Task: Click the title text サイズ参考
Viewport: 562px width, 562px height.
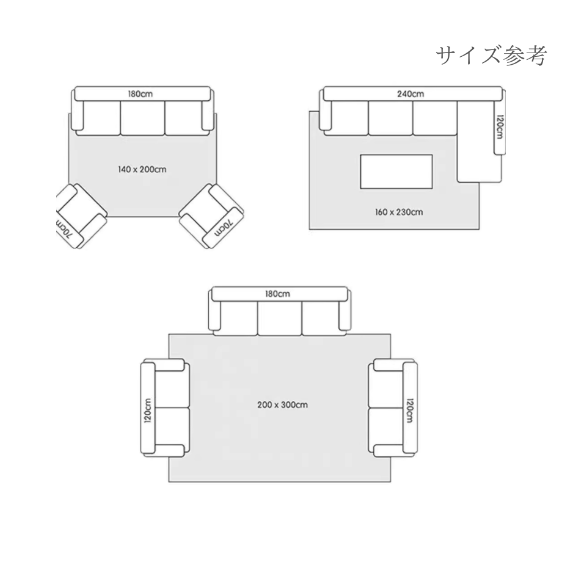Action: [x=489, y=56]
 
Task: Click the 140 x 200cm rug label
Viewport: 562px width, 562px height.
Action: [x=142, y=169]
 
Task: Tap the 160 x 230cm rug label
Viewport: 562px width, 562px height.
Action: [x=398, y=213]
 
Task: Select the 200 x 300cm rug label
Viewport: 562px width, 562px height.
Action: [x=282, y=404]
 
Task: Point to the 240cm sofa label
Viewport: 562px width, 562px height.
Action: [x=411, y=94]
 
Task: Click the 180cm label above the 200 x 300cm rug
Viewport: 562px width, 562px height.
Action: [x=277, y=293]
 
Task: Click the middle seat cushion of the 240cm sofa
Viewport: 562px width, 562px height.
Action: [x=390, y=118]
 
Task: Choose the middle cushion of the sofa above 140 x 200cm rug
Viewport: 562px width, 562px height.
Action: [x=142, y=118]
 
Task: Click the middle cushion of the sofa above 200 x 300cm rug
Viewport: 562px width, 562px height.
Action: [x=279, y=318]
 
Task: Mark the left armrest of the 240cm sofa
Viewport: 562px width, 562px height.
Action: [x=325, y=116]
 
